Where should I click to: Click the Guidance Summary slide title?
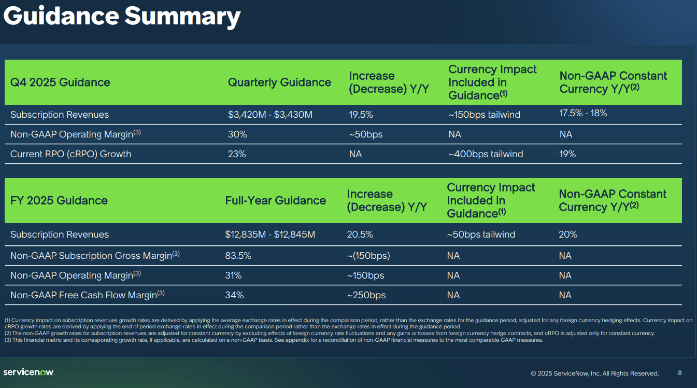[x=122, y=17]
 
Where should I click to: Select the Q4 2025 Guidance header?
[x=60, y=82]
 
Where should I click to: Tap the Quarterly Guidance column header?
[x=279, y=82]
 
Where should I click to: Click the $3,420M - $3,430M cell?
[x=270, y=115]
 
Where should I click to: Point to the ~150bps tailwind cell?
[x=484, y=115]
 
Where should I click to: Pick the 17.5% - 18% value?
[x=583, y=113]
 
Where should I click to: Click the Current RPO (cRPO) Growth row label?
[x=70, y=154]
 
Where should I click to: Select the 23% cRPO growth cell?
[x=237, y=154]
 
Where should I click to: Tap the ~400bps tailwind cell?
[x=486, y=154]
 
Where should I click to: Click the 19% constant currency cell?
[x=567, y=154]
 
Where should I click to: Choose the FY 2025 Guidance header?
[x=59, y=201]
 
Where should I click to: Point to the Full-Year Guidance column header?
[x=275, y=201]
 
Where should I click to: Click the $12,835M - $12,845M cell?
[x=270, y=234]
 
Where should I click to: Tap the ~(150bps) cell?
[x=368, y=256]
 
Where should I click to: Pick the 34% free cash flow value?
[x=234, y=295]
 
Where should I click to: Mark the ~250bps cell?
[x=366, y=295]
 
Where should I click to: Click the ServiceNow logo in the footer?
[x=29, y=372]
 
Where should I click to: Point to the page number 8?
[x=680, y=372]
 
